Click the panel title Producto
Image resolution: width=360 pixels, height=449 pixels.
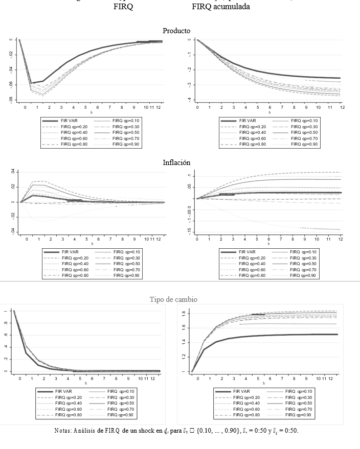[x=176, y=31]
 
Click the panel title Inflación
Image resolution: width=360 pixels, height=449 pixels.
[x=176, y=162]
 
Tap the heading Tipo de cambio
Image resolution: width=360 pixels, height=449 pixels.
[x=173, y=299]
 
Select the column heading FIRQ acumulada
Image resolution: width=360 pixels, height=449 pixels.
[x=221, y=7]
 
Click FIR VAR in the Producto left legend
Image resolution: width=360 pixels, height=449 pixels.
[x=69, y=121]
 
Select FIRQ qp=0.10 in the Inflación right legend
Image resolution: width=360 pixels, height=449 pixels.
[x=301, y=252]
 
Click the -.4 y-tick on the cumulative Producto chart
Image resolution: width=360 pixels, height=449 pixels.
[x=189, y=99]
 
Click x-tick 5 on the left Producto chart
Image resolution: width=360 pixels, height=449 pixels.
[x=85, y=107]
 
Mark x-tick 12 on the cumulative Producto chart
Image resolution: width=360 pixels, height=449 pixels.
[x=342, y=107]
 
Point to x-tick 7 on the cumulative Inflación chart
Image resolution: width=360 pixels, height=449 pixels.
[x=282, y=239]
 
